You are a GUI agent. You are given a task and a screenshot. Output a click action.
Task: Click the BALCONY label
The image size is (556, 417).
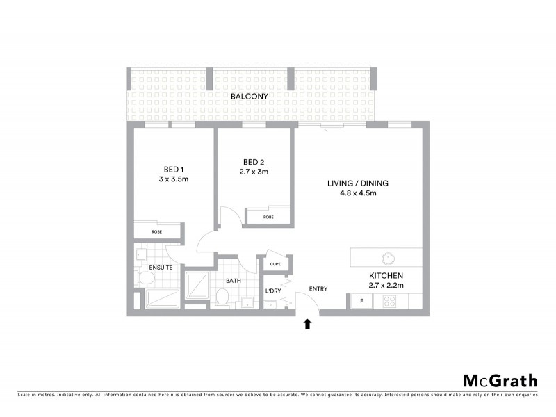pyautogui.click(x=250, y=96)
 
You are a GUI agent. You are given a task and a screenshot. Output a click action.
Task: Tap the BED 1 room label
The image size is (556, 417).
pyautogui.click(x=174, y=169)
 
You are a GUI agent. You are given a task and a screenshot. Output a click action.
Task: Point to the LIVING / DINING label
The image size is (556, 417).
pyautogui.click(x=358, y=183)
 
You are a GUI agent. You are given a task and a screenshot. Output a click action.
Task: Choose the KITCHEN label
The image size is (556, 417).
pyautogui.click(x=386, y=275)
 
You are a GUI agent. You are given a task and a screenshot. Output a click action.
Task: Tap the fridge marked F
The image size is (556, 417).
pyautogui.click(x=361, y=301)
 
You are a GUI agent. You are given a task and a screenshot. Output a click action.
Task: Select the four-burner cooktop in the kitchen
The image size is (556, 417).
pyautogui.click(x=389, y=302)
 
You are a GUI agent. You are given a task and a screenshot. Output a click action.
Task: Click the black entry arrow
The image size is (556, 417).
pyautogui.click(x=308, y=323)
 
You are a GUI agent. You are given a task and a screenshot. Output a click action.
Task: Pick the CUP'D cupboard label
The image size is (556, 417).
pyautogui.click(x=275, y=265)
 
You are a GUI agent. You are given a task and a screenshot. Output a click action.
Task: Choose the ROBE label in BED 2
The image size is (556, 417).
pyautogui.click(x=268, y=218)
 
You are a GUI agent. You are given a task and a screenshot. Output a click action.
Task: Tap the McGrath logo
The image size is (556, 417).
pyautogui.click(x=500, y=380)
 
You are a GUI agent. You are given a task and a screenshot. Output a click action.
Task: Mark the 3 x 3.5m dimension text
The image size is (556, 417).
pyautogui.click(x=174, y=179)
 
